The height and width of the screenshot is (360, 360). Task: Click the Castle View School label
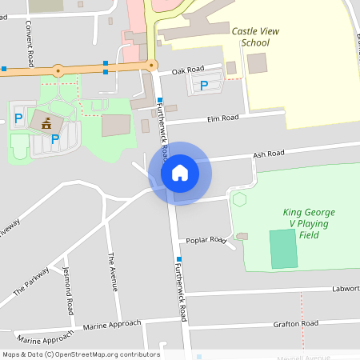click(x=250, y=36)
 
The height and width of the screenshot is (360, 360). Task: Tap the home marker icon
click(x=180, y=172)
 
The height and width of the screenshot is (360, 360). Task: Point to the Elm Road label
click(x=223, y=118)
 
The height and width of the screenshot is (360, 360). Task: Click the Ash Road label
click(x=268, y=154)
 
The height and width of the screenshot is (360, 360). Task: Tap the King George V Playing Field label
click(x=309, y=223)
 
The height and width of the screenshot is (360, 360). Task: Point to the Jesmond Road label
click(x=68, y=290)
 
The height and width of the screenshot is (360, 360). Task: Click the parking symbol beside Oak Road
click(x=203, y=85)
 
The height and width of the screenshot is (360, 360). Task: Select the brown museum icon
click(x=46, y=122)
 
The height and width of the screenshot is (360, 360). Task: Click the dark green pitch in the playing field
click(x=282, y=249)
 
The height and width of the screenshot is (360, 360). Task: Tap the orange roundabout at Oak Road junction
click(x=151, y=66)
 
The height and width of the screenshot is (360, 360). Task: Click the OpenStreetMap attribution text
click(x=81, y=354)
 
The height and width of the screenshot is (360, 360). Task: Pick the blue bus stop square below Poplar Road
click(x=179, y=259)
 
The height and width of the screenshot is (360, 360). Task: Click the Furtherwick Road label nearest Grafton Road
click(x=182, y=296)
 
